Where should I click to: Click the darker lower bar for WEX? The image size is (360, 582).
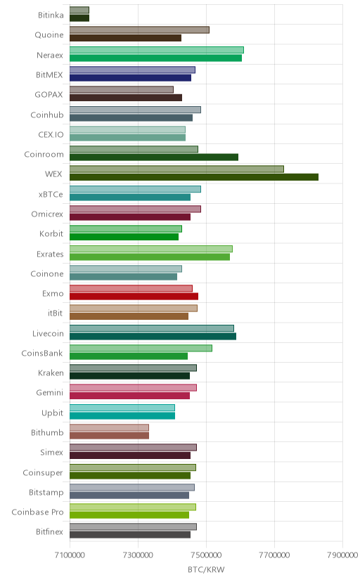pos(194,177)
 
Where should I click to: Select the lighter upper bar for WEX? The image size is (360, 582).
pos(176,169)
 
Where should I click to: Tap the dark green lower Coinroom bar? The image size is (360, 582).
pos(154,157)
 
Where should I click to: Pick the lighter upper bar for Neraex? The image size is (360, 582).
pos(157,50)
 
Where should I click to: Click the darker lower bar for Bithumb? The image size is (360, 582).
pos(109,435)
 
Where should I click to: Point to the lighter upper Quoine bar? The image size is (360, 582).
pos(139,30)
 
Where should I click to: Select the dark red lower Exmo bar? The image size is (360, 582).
pos(134,296)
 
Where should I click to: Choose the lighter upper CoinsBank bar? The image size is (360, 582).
pos(141,348)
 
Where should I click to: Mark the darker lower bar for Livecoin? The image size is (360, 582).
pos(153,336)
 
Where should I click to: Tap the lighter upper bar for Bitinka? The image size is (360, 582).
pos(79,10)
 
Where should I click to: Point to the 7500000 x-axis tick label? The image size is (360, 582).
pos(206,555)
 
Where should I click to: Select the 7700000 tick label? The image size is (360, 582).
pos(275,555)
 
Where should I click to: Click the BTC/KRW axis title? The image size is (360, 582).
pos(206,570)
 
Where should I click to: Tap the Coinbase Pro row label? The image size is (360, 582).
pos(37,512)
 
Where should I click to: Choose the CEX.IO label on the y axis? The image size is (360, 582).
pos(51,134)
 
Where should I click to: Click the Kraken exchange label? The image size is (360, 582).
pos(51,373)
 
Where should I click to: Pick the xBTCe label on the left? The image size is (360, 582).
pos(51,195)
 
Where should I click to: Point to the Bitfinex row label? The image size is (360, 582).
pos(50,532)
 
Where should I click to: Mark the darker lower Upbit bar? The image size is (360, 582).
pos(122,415)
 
